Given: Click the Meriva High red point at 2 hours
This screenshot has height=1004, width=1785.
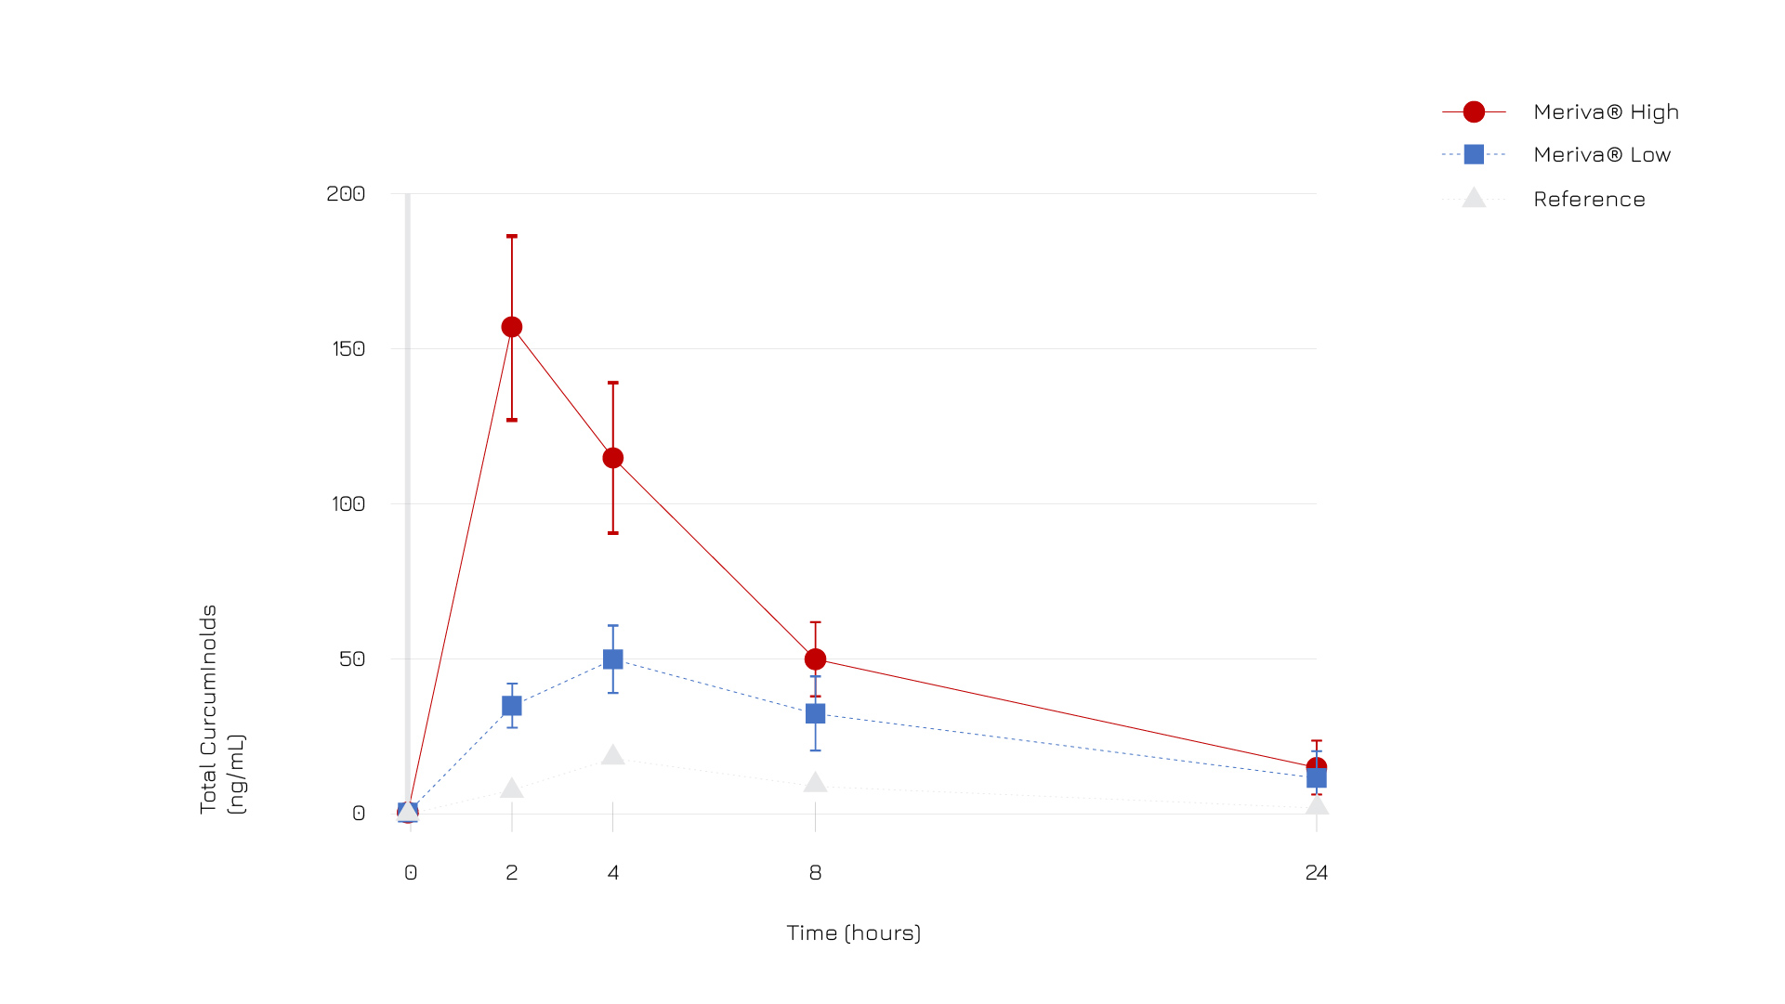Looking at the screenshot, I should coord(512,327).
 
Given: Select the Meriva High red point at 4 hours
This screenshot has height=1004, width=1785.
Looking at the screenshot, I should coord(613,458).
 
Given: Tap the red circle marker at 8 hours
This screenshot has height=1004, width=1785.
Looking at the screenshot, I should coord(815,659).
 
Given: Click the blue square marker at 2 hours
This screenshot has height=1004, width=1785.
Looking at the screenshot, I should coord(512,706).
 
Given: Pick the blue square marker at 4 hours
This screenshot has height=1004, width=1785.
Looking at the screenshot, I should coord(613,659).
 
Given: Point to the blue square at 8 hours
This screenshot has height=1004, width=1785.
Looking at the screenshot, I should coord(815,713).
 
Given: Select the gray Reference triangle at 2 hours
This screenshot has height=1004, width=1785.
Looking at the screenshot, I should coord(512,789).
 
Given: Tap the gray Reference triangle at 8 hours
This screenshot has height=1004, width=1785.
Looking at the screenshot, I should coord(815,783).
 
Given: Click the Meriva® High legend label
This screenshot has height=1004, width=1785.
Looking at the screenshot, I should coord(1606,112).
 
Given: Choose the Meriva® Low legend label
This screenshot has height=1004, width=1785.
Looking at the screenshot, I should coord(1602,155).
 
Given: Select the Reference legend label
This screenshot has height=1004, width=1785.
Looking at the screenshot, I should coord(1589,200).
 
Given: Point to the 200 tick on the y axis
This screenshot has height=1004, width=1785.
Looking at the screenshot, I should coord(346,193).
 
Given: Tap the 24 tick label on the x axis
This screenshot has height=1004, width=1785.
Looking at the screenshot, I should coord(1316,873).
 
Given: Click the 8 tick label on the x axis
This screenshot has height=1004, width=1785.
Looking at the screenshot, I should coord(815,873).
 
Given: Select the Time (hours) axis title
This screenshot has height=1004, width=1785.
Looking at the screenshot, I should coord(853,932).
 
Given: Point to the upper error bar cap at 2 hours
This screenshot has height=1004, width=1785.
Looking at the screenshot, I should coord(512,237).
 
